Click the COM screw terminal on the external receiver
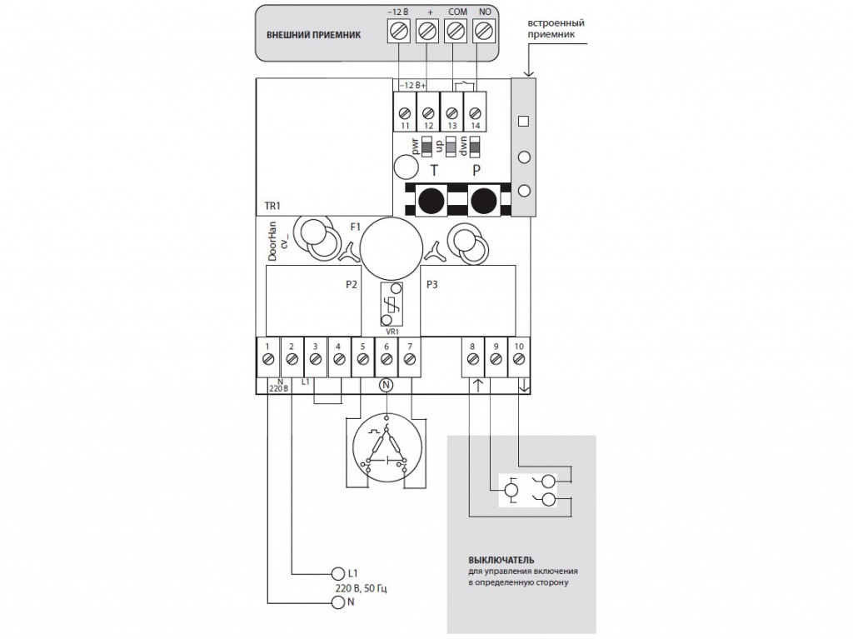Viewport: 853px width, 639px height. [455, 32]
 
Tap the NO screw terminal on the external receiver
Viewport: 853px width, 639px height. [484, 32]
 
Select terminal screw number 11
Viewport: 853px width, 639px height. [405, 112]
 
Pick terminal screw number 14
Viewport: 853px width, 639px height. [475, 112]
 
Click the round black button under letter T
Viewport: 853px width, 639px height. [431, 201]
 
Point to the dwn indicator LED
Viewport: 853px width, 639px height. [475, 147]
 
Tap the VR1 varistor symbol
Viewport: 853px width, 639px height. [390, 305]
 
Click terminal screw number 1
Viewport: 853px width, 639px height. [268, 359]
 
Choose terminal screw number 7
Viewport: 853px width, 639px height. [409, 359]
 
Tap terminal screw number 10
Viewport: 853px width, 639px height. [519, 359]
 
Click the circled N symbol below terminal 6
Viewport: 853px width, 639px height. [386, 385]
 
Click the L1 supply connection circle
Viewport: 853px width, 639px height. [337, 573]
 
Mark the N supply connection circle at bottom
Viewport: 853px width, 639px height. [337, 603]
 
